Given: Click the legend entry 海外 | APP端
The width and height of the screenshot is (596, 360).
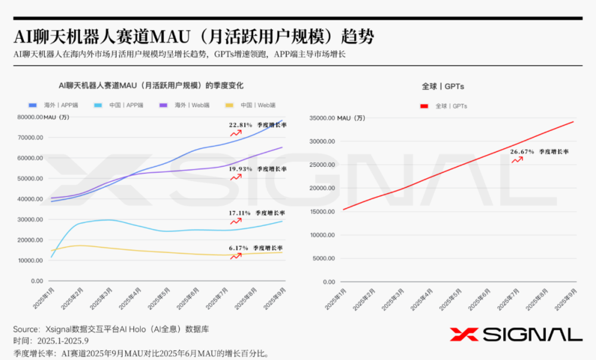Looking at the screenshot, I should [53, 105].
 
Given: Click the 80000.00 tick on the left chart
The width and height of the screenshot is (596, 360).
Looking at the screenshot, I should [30, 117].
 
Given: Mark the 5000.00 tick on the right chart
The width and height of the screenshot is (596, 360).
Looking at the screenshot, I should [325, 259].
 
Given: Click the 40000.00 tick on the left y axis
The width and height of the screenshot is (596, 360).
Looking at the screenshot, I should [30, 199].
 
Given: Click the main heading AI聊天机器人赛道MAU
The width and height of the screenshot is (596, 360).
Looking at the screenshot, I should [194, 37].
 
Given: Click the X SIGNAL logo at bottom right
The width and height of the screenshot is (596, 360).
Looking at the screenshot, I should [516, 334].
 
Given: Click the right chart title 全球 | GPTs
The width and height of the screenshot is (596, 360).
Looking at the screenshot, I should [442, 86].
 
